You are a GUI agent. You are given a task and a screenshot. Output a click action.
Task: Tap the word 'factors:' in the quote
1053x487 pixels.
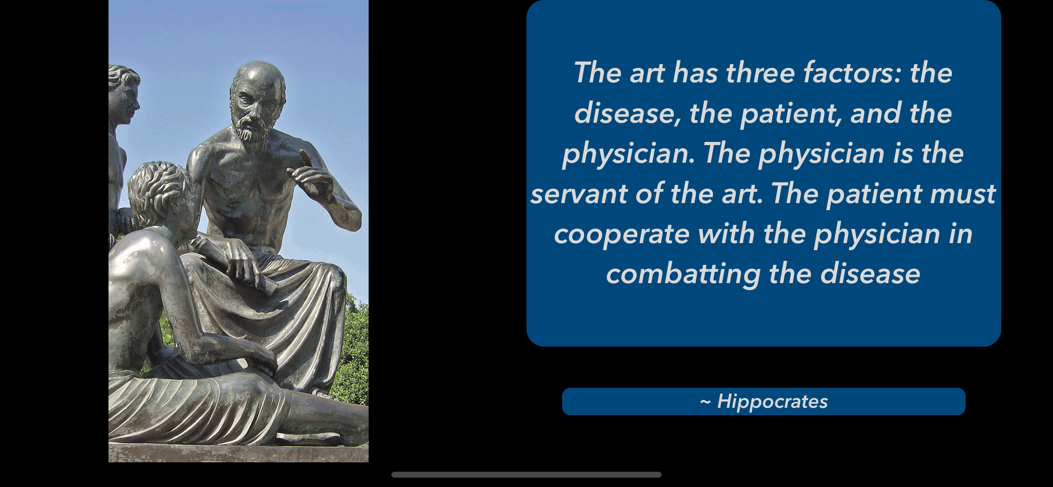(x=852, y=73)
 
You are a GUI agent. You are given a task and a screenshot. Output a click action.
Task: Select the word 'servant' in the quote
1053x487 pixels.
(x=579, y=194)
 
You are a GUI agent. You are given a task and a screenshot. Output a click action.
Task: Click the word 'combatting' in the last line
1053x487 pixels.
(x=683, y=274)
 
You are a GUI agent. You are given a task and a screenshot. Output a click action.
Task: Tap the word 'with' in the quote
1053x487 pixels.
(x=726, y=234)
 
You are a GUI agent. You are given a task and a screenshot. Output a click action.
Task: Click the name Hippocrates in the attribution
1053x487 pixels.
(x=773, y=402)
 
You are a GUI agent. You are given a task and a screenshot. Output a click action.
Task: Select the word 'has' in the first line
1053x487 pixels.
(x=695, y=73)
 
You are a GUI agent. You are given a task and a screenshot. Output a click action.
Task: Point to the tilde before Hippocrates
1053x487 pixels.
(x=705, y=402)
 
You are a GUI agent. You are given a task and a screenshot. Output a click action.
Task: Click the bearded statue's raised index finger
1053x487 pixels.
(x=306, y=158)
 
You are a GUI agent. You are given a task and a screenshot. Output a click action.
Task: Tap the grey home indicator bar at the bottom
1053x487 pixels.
(x=526, y=475)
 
